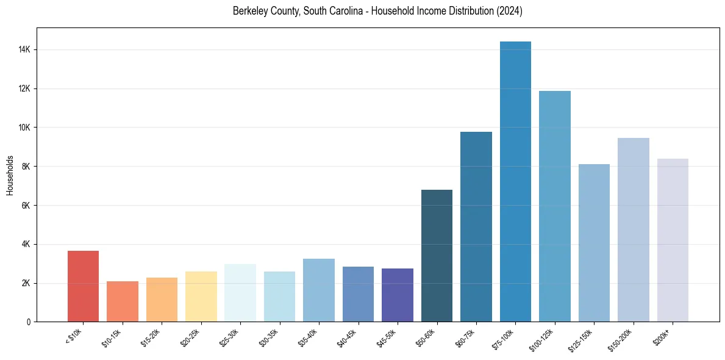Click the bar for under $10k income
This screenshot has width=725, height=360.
click(83, 286)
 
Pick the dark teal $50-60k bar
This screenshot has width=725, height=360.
click(437, 256)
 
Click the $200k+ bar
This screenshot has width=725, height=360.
click(673, 240)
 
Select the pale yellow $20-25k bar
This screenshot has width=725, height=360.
click(201, 297)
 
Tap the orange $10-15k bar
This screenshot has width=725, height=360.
click(122, 301)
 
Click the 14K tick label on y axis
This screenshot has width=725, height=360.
click(26, 49)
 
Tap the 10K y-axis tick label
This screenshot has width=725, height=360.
click(26, 128)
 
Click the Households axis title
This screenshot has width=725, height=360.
click(10, 175)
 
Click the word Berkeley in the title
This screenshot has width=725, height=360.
click(249, 11)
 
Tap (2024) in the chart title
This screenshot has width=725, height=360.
click(510, 11)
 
